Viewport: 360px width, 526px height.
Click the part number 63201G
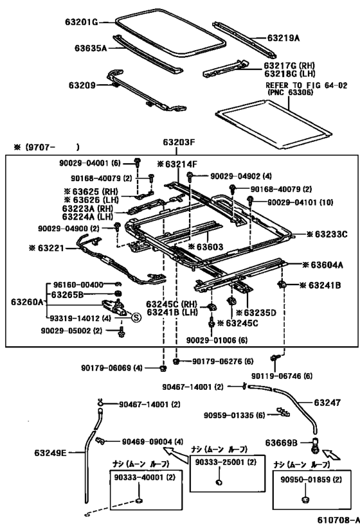[81, 22]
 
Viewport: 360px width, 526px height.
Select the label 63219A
[283, 38]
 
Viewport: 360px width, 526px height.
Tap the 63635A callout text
[91, 48]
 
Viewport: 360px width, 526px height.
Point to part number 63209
[82, 85]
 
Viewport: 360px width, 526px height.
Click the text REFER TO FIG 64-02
[306, 85]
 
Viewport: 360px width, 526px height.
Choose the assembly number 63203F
[179, 142]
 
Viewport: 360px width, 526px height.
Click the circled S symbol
[136, 317]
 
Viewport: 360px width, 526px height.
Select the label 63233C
[331, 234]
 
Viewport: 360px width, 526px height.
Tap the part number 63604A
[327, 265]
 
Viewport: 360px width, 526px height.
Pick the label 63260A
[27, 302]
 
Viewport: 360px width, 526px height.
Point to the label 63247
[327, 402]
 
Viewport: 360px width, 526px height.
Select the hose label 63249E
[50, 453]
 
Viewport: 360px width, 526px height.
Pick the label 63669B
[281, 443]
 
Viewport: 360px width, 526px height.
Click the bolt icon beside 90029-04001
[138, 162]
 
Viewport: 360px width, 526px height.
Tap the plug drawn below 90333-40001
[138, 501]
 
